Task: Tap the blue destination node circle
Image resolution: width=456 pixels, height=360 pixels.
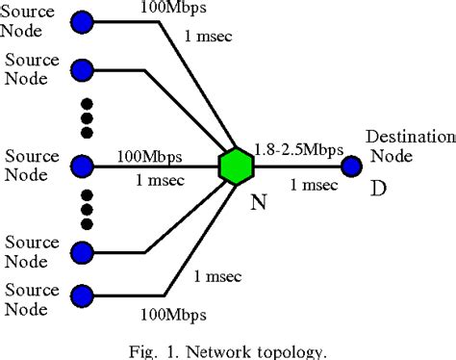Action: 351,167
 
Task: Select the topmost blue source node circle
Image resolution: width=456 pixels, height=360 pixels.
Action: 84,21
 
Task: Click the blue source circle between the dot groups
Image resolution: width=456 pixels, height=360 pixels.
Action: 84,167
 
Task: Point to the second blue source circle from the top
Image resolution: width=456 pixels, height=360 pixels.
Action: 84,70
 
